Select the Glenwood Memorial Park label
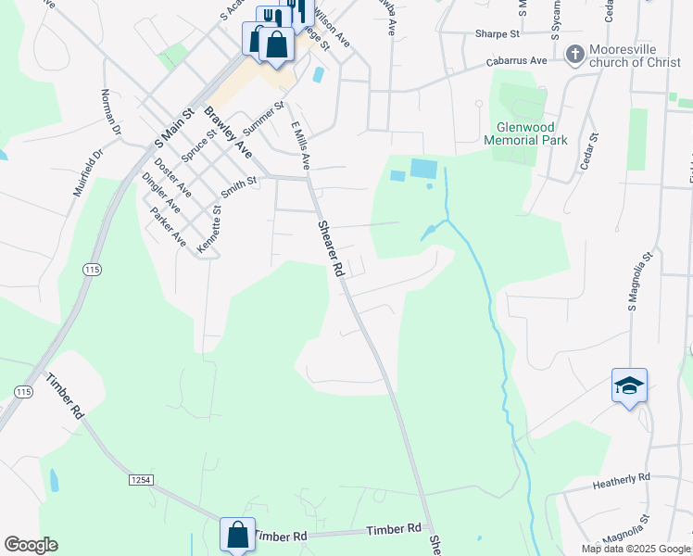pos(525,133)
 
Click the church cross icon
pos(574,55)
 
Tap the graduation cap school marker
pos(629,385)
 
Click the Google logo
pos(31,545)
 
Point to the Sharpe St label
pos(498,34)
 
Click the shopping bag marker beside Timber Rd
pos(237,535)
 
